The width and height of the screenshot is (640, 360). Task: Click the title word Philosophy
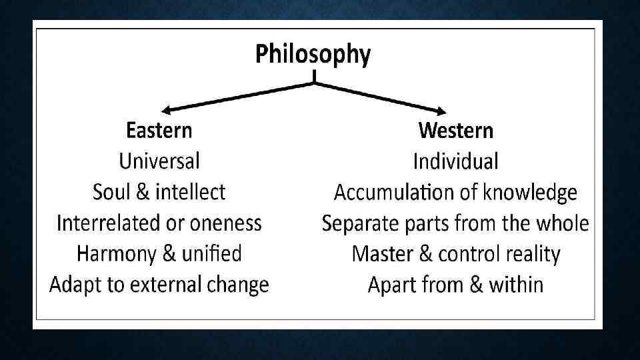pyautogui.click(x=313, y=55)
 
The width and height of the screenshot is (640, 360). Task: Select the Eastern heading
pyautogui.click(x=159, y=130)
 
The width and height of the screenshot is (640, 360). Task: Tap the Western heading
pyautogui.click(x=456, y=130)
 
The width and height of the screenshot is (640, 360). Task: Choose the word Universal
pyautogui.click(x=159, y=161)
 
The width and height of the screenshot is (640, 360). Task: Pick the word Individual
pyautogui.click(x=456, y=161)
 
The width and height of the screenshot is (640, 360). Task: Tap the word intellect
pyautogui.click(x=191, y=193)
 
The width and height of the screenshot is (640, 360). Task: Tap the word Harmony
pyautogui.click(x=114, y=254)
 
